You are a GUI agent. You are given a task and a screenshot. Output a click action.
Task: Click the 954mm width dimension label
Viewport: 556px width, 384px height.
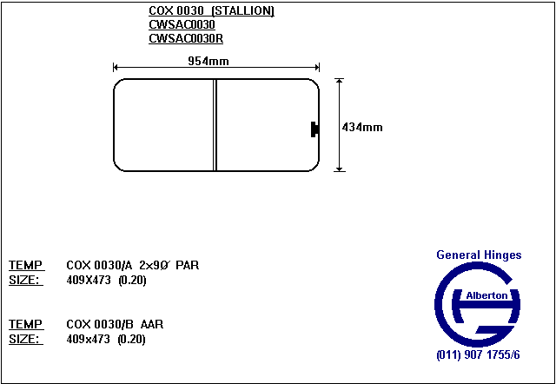pos(208,62)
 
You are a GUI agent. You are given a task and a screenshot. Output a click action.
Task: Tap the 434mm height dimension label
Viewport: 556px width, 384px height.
pos(362,128)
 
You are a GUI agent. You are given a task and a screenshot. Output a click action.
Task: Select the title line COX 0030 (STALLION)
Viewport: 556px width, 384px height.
pos(211,11)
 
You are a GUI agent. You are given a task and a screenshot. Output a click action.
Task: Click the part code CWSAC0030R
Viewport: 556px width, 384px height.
pos(186,38)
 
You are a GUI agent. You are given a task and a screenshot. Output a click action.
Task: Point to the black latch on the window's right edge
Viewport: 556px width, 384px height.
pos(314,129)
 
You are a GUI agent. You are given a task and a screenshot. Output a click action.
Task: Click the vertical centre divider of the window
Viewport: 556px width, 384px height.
pos(215,125)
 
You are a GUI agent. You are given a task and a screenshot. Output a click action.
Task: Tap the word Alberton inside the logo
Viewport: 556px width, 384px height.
pos(486,295)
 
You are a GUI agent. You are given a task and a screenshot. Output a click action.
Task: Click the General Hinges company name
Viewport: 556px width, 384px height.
pos(479,255)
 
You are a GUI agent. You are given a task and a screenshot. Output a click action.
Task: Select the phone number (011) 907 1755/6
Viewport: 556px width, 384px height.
pos(479,355)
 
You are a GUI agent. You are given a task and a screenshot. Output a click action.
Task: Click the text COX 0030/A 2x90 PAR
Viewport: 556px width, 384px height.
pos(133,265)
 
